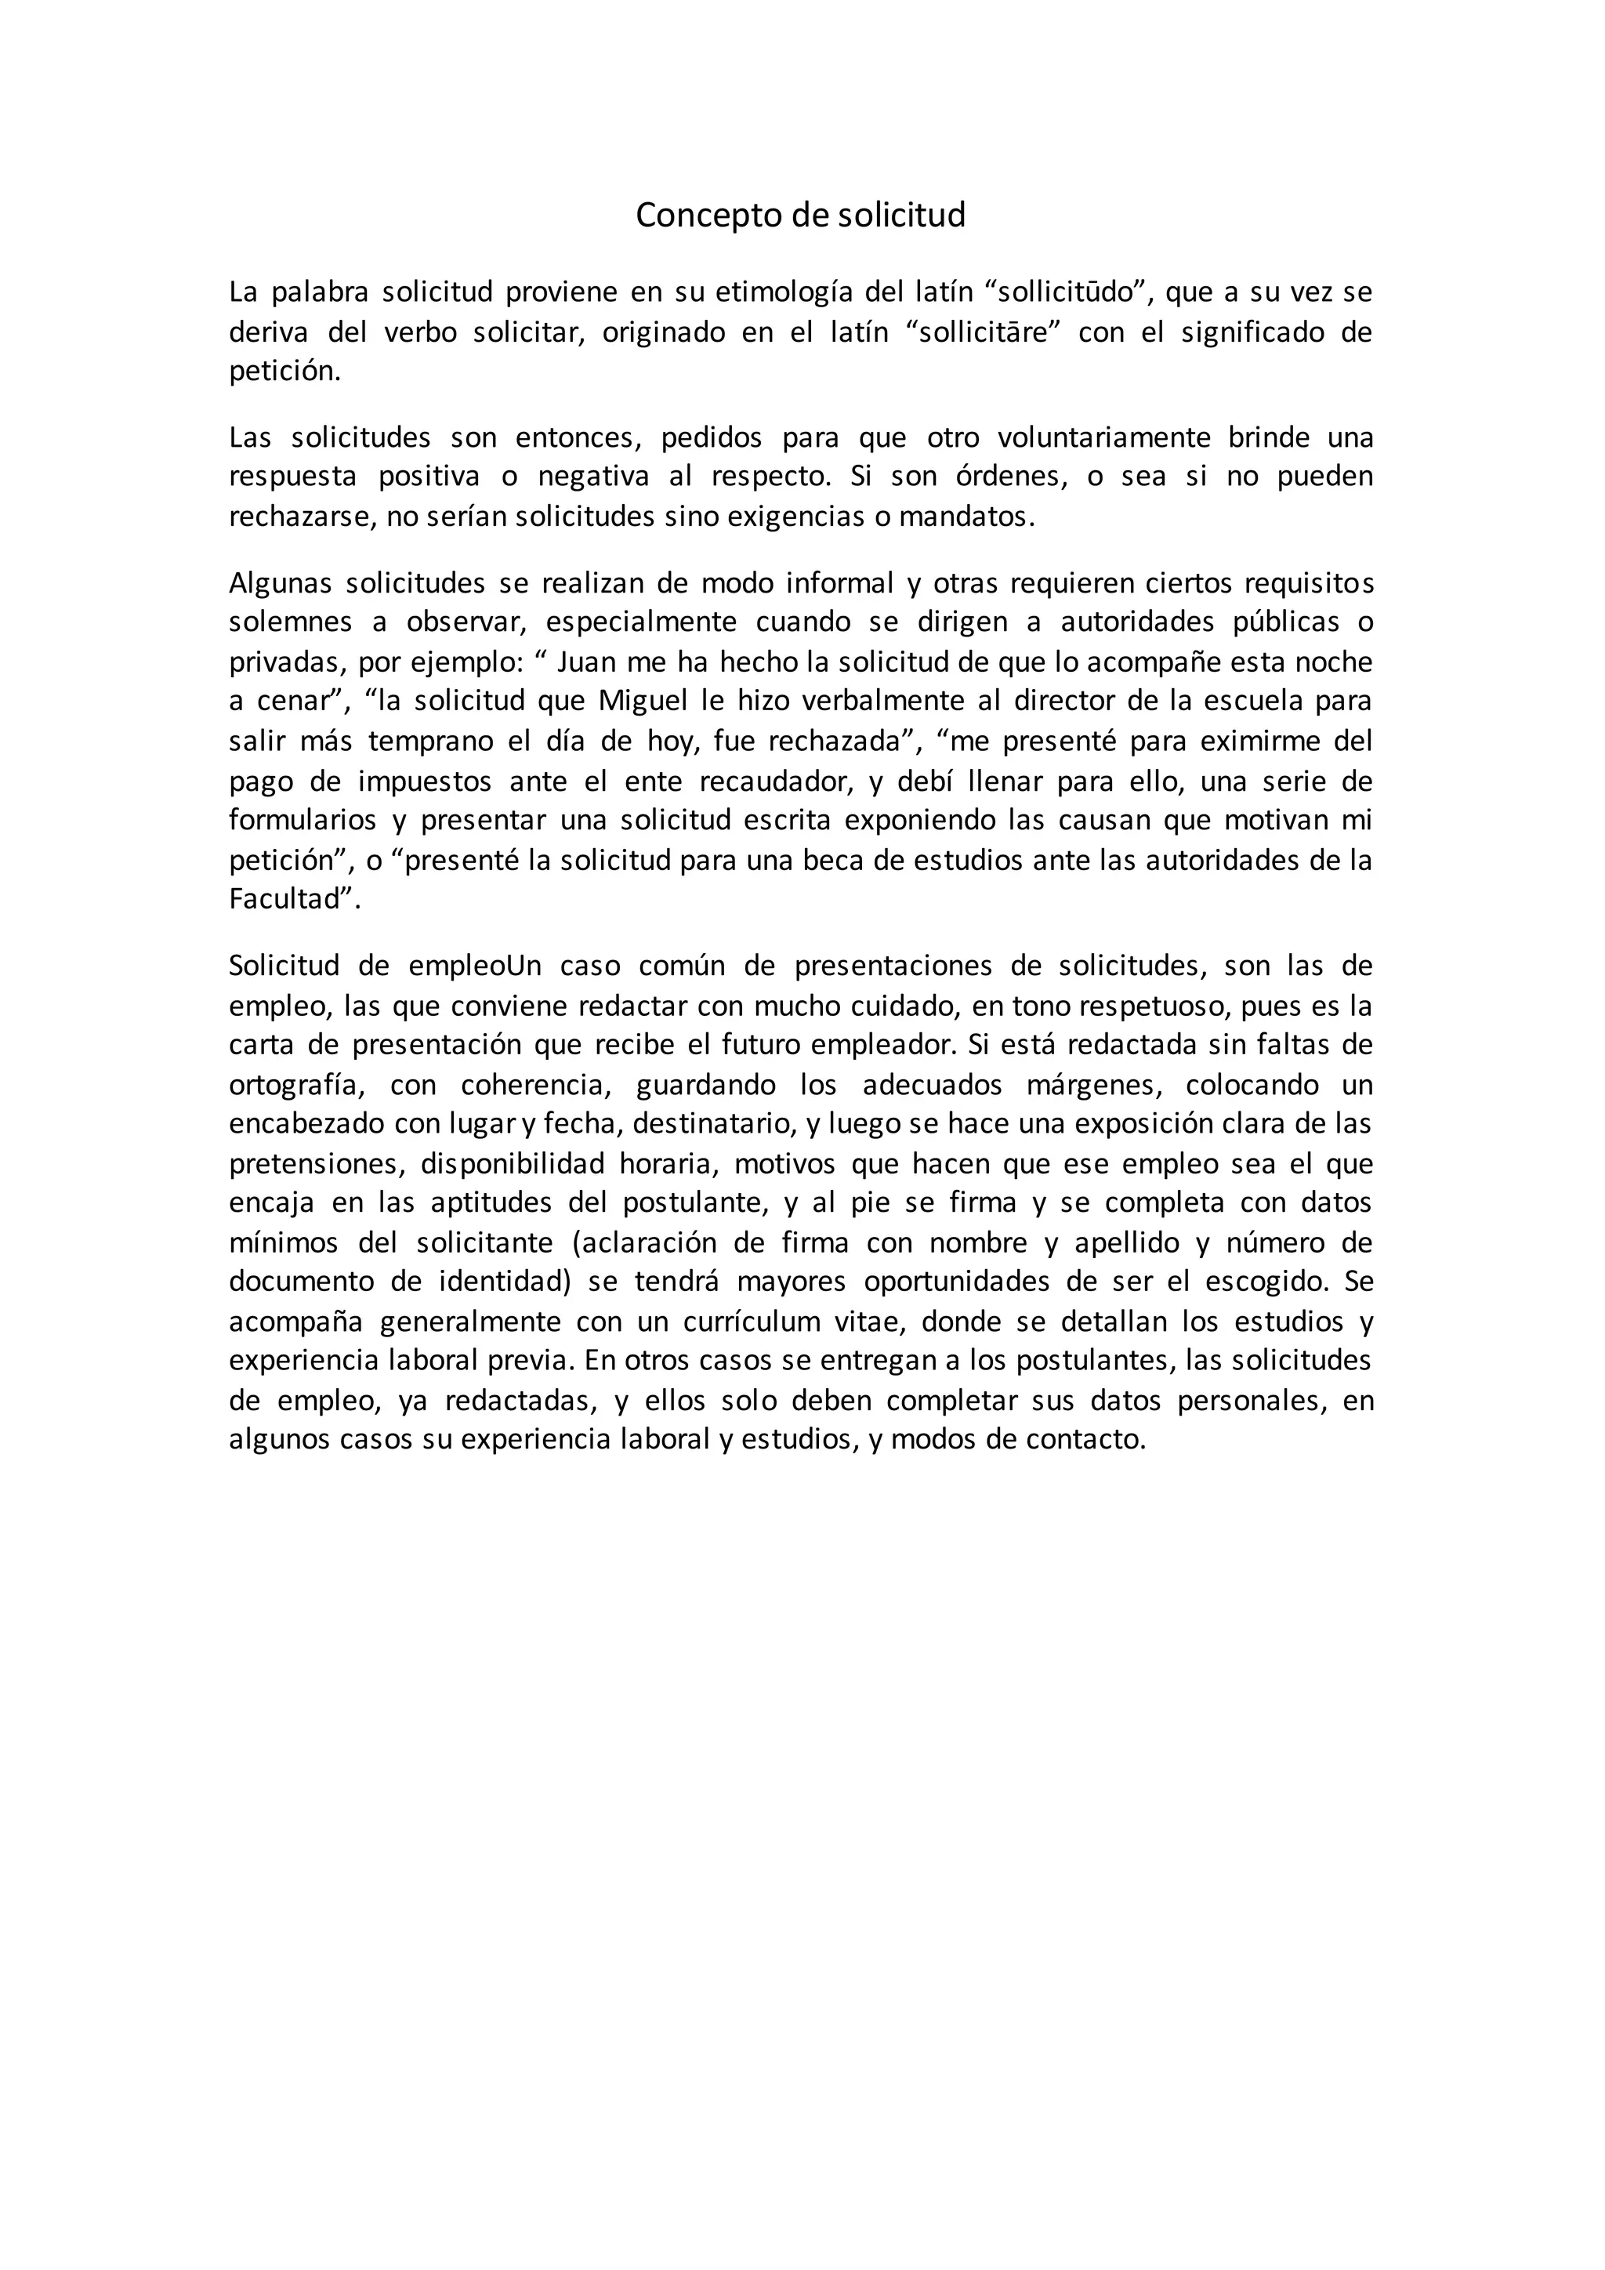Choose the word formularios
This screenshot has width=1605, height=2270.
(303, 821)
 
